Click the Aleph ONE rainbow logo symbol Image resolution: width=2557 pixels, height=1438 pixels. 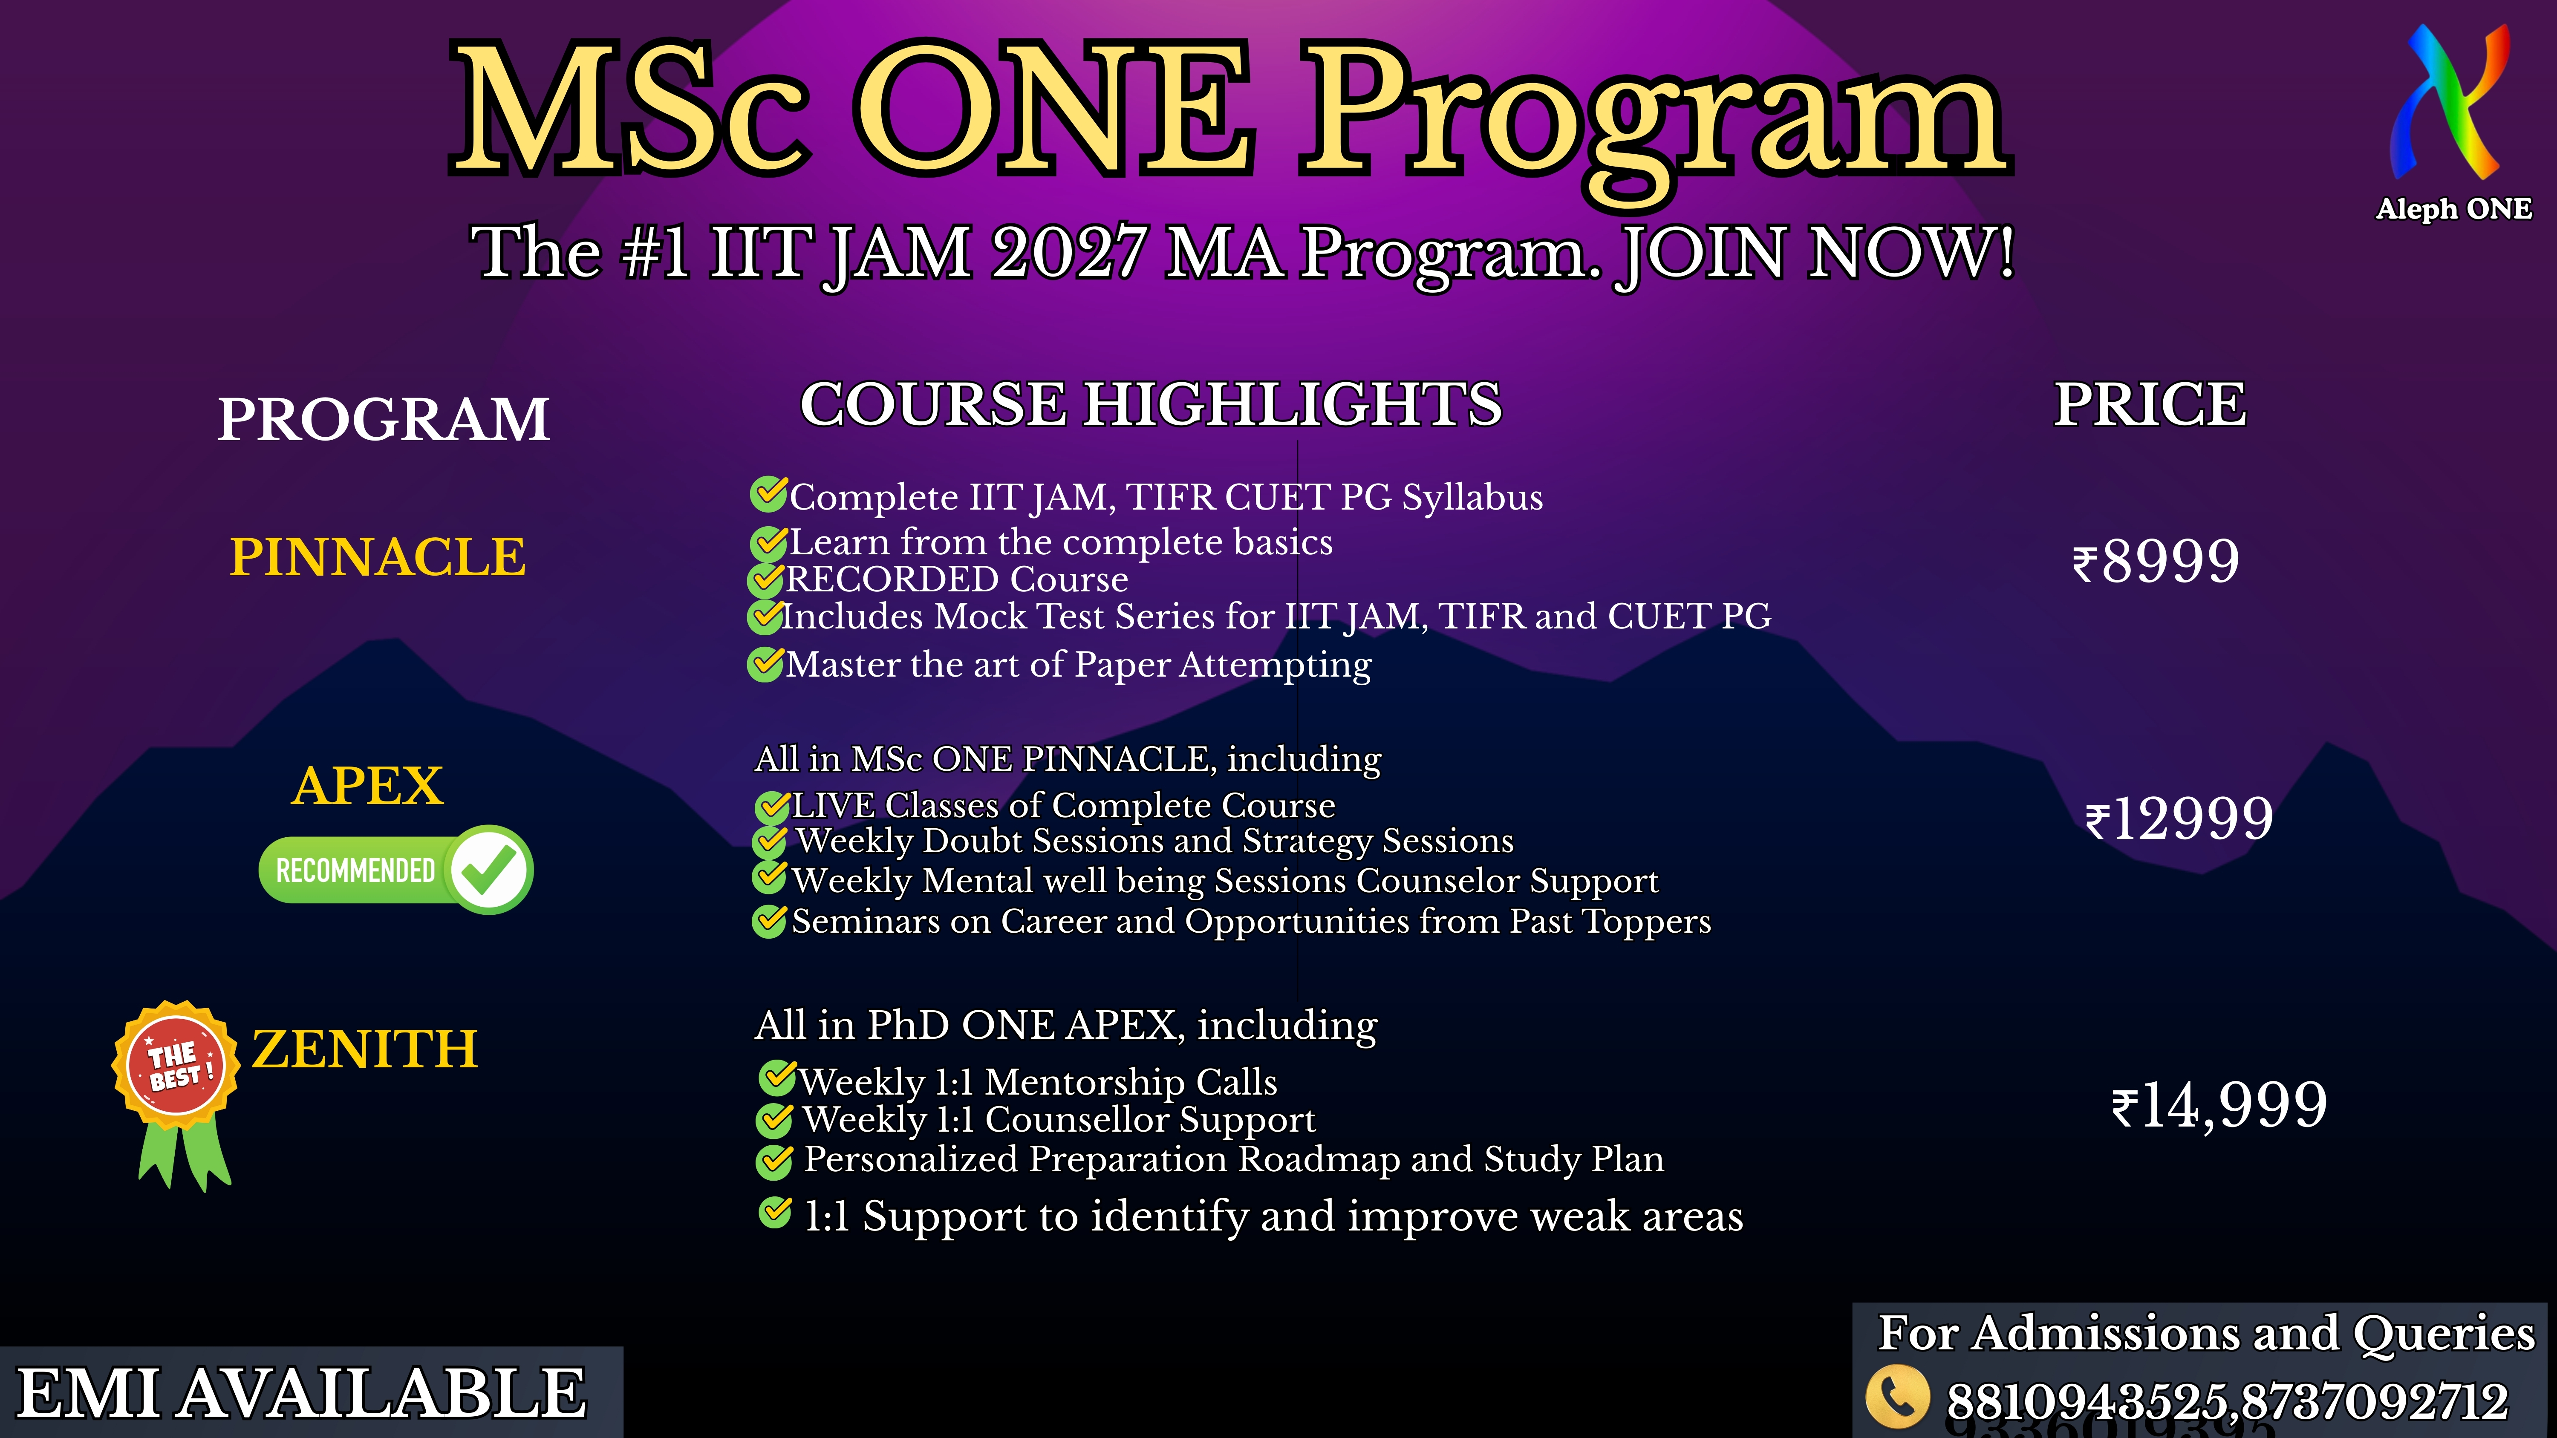[2450, 104]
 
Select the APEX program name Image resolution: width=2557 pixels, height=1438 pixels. [367, 786]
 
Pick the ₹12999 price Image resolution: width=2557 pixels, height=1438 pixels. [2179, 819]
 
